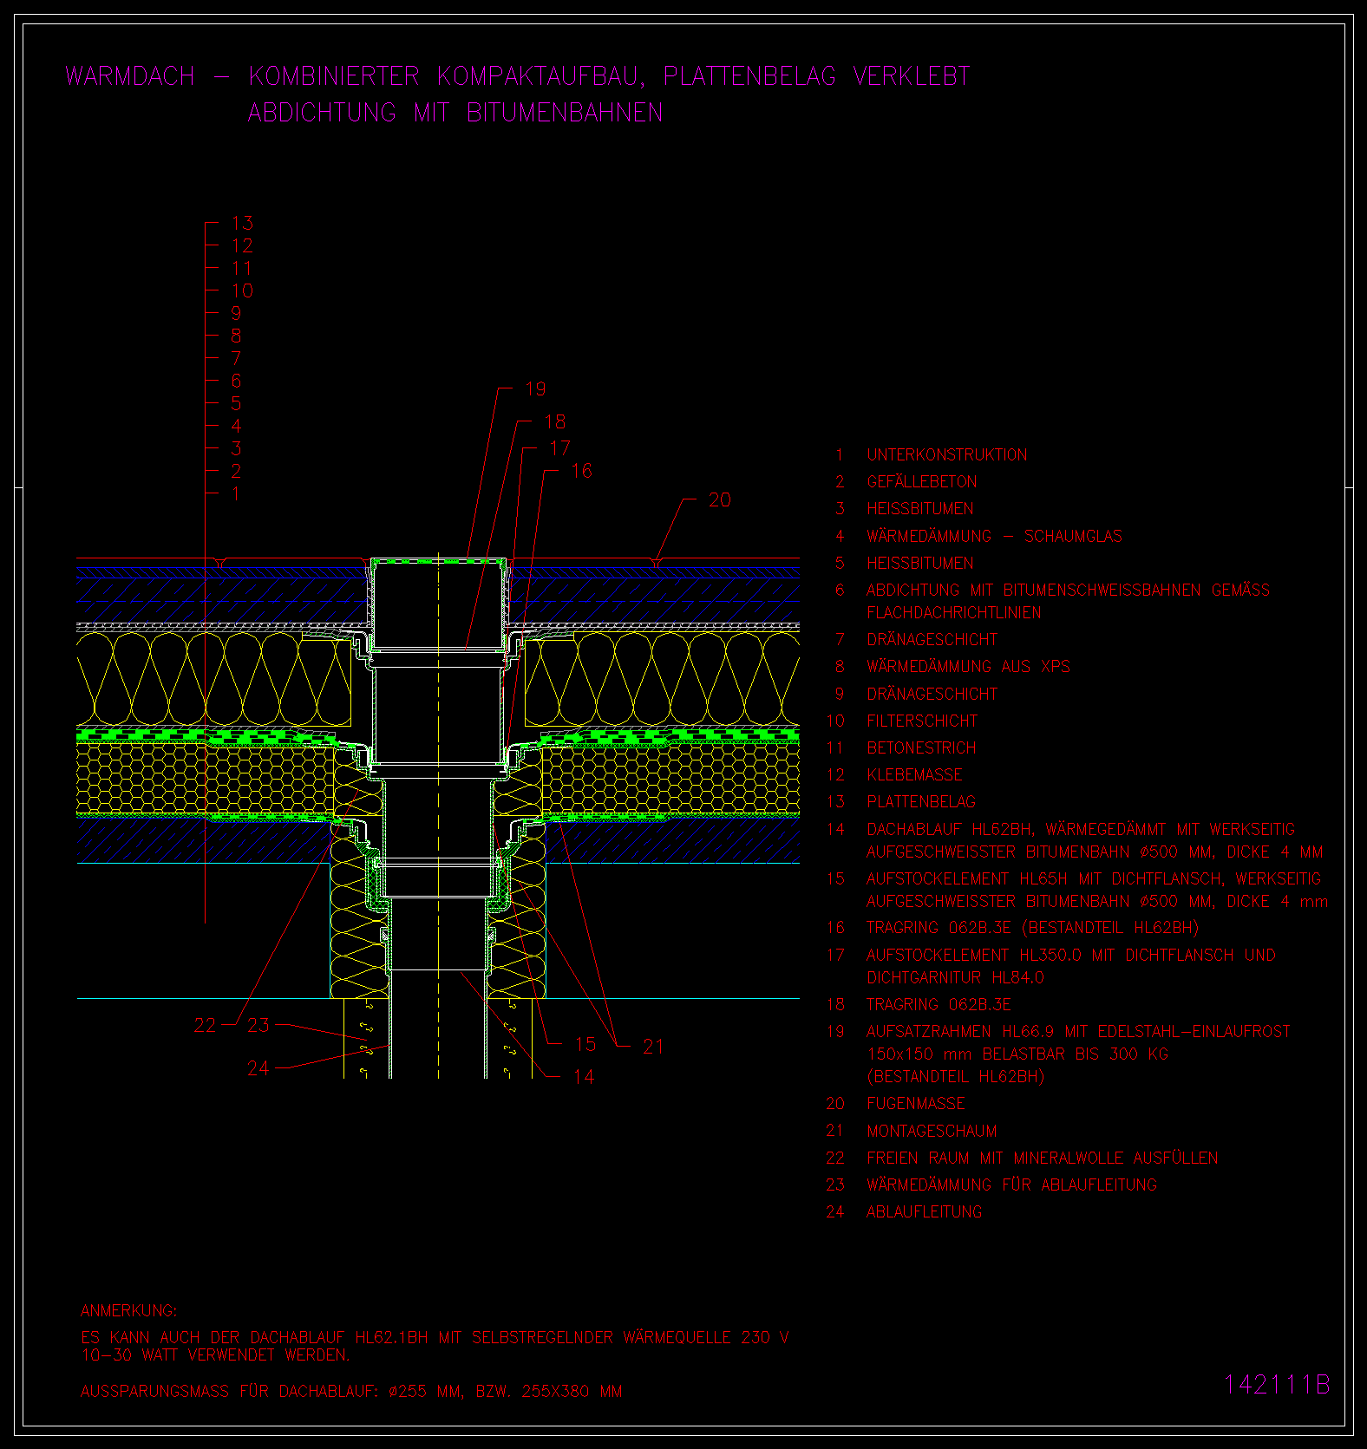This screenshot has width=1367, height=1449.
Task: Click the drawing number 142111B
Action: tap(1277, 1384)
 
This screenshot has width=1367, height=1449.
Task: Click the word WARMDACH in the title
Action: tap(130, 76)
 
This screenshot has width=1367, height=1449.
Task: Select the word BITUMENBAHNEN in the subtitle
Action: tap(565, 113)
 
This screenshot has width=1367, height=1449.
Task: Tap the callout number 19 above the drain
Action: tap(536, 389)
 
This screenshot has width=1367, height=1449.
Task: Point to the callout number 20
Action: tap(720, 499)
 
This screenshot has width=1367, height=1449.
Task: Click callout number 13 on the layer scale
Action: tap(242, 223)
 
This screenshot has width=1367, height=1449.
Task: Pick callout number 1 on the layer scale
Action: tap(236, 493)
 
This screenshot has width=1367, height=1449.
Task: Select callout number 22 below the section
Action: tap(206, 1025)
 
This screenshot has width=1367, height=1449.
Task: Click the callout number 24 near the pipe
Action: tap(258, 1068)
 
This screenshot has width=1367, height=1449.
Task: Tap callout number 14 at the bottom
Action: tap(584, 1076)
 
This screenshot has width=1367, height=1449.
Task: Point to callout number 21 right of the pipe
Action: tap(653, 1047)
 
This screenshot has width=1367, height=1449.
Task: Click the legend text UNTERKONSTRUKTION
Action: tap(947, 454)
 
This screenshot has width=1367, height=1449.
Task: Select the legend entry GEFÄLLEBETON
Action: tap(922, 481)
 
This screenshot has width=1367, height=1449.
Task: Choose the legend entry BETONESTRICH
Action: tap(921, 747)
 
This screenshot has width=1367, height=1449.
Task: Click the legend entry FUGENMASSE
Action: tap(916, 1103)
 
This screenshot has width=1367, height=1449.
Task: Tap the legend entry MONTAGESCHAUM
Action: tap(932, 1131)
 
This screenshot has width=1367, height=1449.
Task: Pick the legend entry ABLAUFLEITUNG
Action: tap(925, 1211)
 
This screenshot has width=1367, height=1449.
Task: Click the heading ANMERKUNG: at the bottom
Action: tap(128, 1310)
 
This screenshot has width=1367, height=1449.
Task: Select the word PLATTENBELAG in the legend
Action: tap(921, 801)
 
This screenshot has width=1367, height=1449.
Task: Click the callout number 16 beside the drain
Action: tap(582, 471)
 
